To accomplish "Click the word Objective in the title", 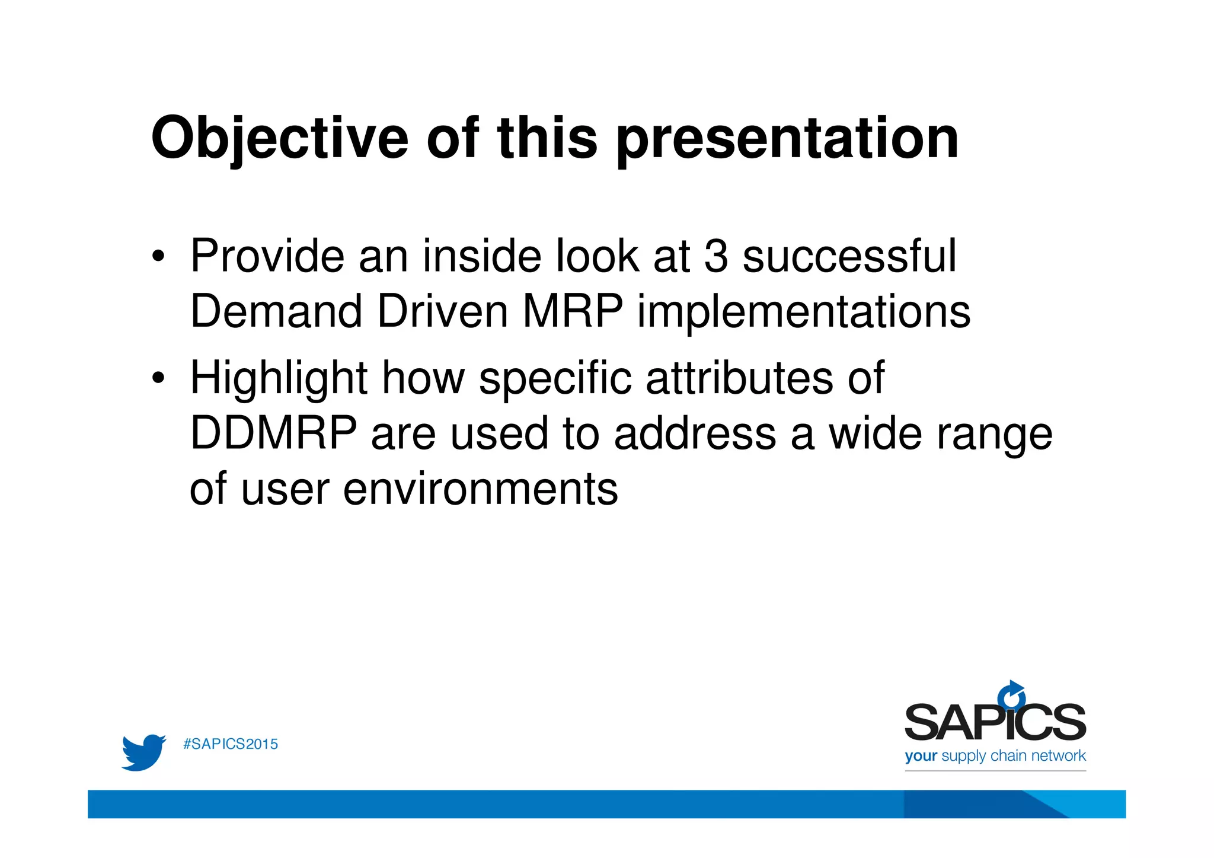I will (x=280, y=139).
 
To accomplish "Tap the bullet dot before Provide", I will (x=157, y=257).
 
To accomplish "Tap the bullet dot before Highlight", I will (x=157, y=378).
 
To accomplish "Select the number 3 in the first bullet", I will (x=716, y=256).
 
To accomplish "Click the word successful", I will (x=849, y=256).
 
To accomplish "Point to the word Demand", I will (x=276, y=312).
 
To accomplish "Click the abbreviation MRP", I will (x=572, y=312).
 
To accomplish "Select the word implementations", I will (x=804, y=312).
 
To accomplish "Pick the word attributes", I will (x=739, y=378).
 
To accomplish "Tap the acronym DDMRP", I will (x=273, y=433).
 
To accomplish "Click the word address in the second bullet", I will (x=695, y=433).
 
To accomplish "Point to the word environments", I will (x=480, y=489).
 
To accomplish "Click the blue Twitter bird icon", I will (x=143, y=752).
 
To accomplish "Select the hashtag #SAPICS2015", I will (x=231, y=744).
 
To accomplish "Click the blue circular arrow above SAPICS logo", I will (x=1011, y=694).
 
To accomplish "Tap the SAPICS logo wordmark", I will (x=995, y=722).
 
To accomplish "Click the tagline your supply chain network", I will (x=995, y=756).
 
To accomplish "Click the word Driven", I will (x=442, y=312).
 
